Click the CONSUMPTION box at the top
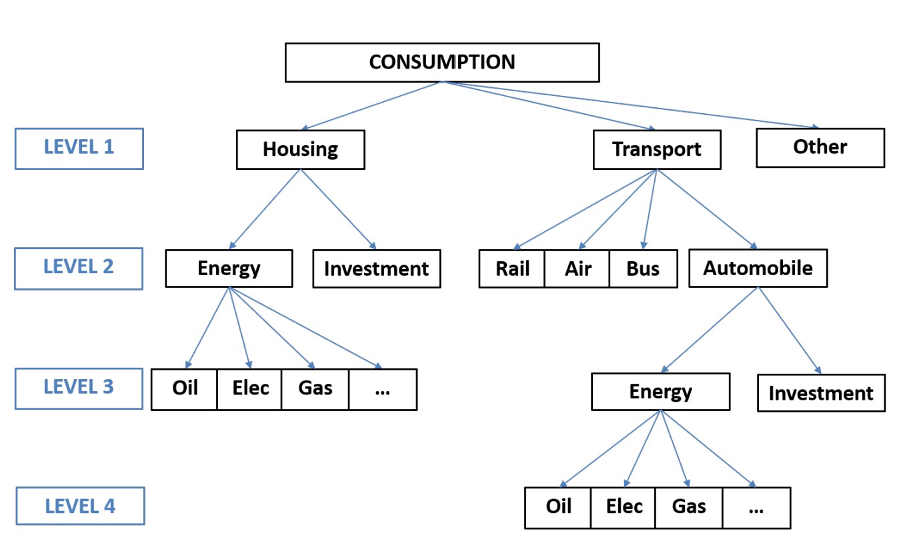point(442,63)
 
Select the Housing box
point(300,150)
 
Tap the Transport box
point(657,150)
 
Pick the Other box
point(820,148)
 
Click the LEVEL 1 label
point(79,149)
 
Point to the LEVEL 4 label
point(80,506)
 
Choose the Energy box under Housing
point(229,269)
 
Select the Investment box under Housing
point(377,269)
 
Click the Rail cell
point(512,269)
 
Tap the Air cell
point(577,269)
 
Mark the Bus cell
point(644,269)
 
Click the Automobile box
point(758,269)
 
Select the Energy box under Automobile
point(661,392)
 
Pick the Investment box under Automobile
point(821,393)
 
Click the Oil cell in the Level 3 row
point(184,390)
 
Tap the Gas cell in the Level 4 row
point(688,508)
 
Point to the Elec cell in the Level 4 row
point(623,508)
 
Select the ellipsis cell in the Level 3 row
point(383,390)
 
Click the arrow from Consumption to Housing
point(371,106)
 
